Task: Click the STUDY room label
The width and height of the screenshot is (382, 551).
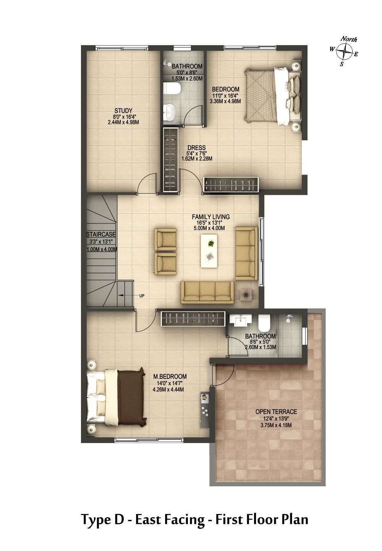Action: (123, 111)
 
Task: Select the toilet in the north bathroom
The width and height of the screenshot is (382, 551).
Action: (172, 88)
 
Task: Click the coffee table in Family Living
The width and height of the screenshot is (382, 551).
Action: (209, 251)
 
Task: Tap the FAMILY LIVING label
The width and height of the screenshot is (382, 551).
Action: (210, 217)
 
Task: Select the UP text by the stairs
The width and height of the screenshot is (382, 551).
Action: (142, 296)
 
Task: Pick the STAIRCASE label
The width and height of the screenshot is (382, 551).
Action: (100, 235)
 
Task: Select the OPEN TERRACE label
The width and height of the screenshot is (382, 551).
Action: (276, 412)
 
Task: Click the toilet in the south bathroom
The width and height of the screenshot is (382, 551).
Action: (264, 323)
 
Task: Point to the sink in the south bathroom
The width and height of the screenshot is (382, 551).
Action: (241, 320)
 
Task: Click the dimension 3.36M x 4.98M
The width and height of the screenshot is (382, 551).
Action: (225, 101)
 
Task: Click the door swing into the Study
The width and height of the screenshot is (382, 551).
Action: (147, 183)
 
